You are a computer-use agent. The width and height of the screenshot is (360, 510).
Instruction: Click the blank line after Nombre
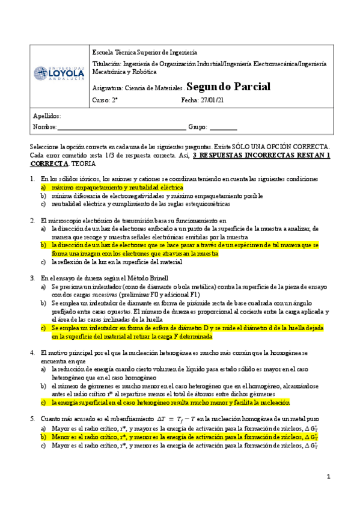pos(122,127)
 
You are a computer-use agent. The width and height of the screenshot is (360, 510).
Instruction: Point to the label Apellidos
pos(47,115)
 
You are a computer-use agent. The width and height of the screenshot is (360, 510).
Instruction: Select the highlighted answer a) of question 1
pos(117,188)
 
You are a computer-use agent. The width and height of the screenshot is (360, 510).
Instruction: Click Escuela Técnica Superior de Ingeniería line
pos(144,52)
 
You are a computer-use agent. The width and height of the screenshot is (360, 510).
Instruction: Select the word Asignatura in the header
pos(107,88)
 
